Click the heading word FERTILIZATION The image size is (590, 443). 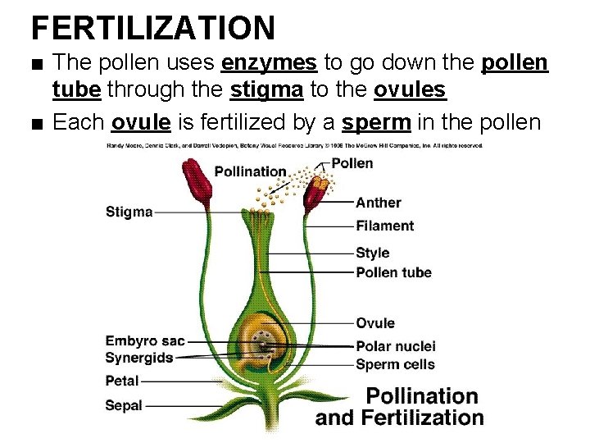pyautogui.click(x=153, y=27)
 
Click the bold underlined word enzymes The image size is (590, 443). pyautogui.click(x=269, y=63)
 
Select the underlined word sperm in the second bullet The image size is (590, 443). pyautogui.click(x=377, y=122)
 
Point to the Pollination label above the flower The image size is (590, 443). pyautogui.click(x=250, y=171)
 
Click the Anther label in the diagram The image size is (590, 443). pyautogui.click(x=379, y=203)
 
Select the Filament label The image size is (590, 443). pyautogui.click(x=384, y=226)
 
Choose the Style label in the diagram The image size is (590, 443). pyautogui.click(x=373, y=253)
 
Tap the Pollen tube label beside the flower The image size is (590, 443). pyautogui.click(x=393, y=272)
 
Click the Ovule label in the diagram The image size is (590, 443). pyautogui.click(x=375, y=323)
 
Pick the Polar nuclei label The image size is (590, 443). pyautogui.click(x=396, y=346)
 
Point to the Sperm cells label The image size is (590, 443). pyautogui.click(x=395, y=364)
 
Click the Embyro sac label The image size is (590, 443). pyautogui.click(x=145, y=340)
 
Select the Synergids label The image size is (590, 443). pyautogui.click(x=140, y=358)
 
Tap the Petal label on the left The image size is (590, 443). pyautogui.click(x=122, y=381)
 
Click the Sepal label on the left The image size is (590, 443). pyautogui.click(x=124, y=405)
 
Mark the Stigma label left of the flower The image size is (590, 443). pyautogui.click(x=129, y=212)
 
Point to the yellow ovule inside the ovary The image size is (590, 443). pyautogui.click(x=262, y=336)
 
